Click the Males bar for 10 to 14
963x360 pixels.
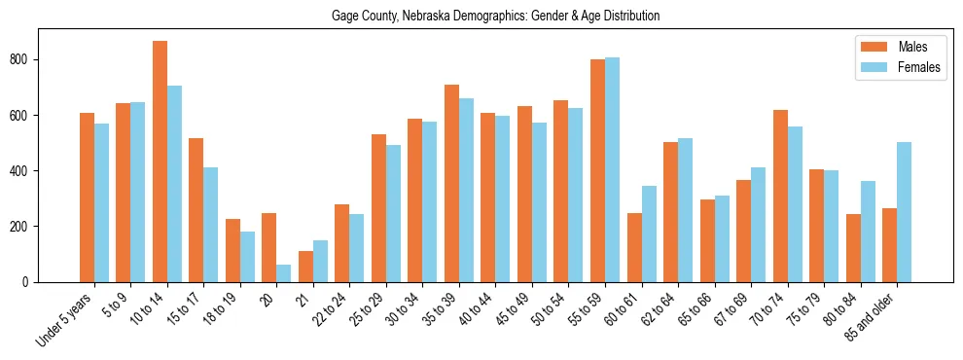(x=160, y=162)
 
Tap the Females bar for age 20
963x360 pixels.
(x=284, y=273)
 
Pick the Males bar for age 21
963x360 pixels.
(x=305, y=267)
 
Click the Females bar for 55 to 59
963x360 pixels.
(x=613, y=169)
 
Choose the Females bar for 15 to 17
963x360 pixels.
(x=211, y=225)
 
